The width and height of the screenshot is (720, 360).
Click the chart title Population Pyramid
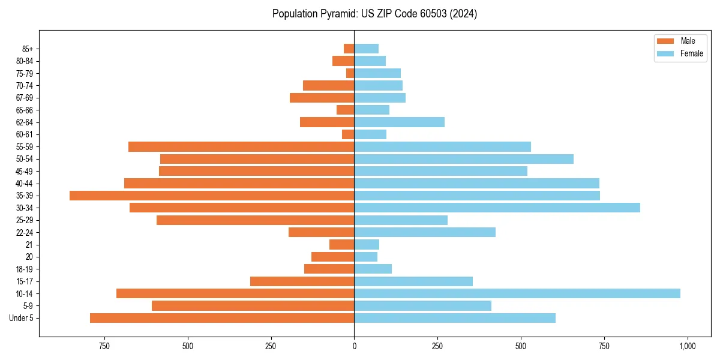click(x=374, y=14)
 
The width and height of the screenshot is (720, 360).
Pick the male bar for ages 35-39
click(x=212, y=196)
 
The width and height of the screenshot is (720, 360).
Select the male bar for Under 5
click(x=222, y=318)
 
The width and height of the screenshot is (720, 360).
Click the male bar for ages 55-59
click(x=241, y=146)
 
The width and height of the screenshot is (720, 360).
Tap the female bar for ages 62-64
click(x=400, y=122)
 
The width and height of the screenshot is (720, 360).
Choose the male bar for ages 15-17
click(x=302, y=281)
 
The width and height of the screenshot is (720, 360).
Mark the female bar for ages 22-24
click(x=425, y=232)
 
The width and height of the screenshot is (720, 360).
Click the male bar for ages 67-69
click(x=322, y=98)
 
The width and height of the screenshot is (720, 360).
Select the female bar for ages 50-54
click(x=464, y=159)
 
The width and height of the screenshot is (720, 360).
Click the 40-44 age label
click(x=24, y=184)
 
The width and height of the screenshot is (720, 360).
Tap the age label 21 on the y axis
click(x=29, y=245)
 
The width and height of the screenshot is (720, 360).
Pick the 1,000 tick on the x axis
click(x=687, y=346)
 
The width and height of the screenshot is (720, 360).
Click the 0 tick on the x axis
click(x=354, y=346)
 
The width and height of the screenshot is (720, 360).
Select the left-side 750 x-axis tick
click(x=104, y=346)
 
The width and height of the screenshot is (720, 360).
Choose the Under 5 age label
click(x=22, y=318)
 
